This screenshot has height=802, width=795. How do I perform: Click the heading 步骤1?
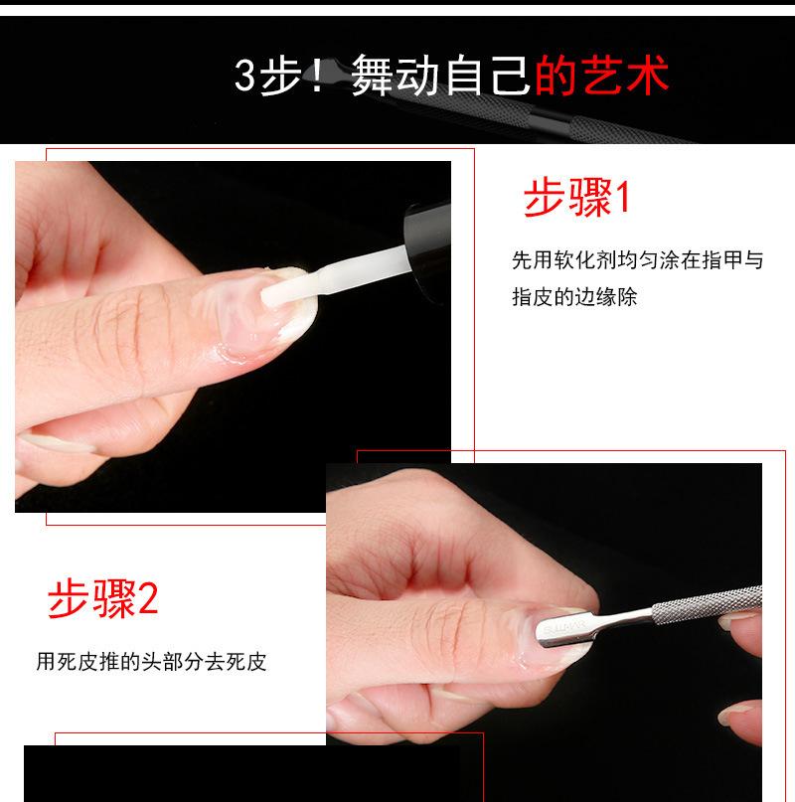(x=577, y=198)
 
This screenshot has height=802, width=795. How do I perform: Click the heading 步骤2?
(x=102, y=599)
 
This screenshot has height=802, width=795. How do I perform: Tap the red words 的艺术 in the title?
(x=601, y=76)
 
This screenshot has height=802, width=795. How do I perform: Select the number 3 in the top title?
(x=244, y=76)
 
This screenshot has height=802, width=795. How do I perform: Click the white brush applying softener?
(x=338, y=276)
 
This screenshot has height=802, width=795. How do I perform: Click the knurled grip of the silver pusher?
(x=707, y=604)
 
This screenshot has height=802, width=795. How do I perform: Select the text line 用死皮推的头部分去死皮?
(x=151, y=661)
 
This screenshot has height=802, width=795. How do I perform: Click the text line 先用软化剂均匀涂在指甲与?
(x=637, y=259)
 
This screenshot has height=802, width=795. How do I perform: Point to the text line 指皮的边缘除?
(x=574, y=297)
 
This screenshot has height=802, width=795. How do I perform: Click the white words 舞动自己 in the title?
(x=441, y=76)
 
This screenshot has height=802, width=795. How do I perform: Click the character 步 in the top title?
(x=280, y=76)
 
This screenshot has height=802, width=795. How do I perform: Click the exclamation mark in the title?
(x=318, y=76)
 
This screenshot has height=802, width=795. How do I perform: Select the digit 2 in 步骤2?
(x=148, y=600)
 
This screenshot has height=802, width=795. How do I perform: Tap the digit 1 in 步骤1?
(x=623, y=199)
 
